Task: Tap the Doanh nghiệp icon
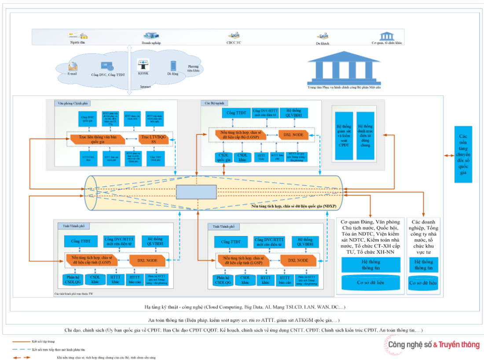(151, 36)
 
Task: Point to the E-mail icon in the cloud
(73, 66)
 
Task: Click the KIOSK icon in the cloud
(143, 65)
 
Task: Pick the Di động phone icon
(173, 66)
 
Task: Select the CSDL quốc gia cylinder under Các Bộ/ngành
(222, 158)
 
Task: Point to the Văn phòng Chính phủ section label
(73, 103)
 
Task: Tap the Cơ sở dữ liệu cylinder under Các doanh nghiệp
(423, 283)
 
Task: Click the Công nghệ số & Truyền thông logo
(434, 345)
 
